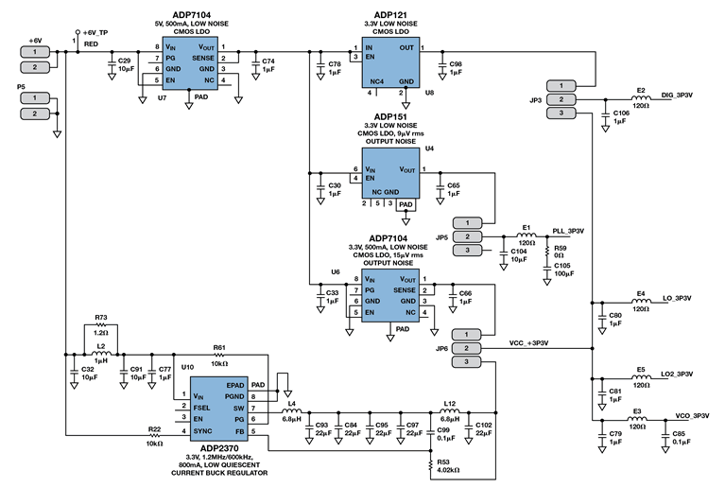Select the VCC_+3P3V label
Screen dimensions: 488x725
(x=530, y=343)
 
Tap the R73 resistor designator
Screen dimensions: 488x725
(x=101, y=319)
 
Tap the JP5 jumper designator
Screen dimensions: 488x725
(x=441, y=236)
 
